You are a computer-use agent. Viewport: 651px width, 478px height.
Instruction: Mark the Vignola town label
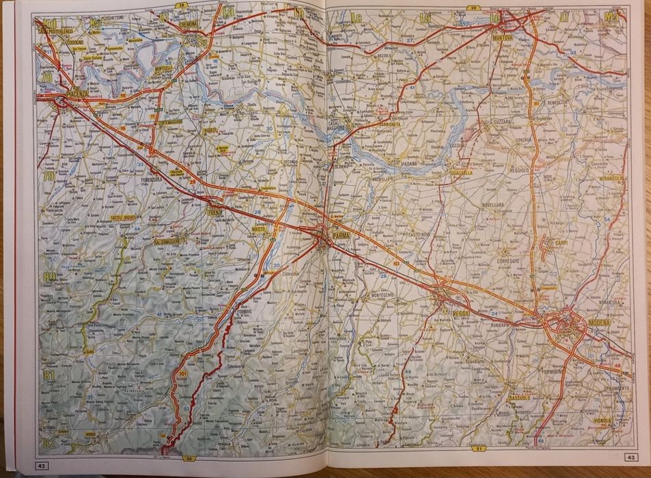[x=602, y=421]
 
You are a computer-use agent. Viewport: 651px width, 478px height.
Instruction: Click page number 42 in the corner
[x=41, y=466]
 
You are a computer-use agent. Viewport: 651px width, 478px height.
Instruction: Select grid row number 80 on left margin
[x=49, y=277]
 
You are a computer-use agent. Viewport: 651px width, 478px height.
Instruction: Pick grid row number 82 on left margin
[x=48, y=442]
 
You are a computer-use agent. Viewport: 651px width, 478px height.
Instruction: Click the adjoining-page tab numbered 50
[x=189, y=458]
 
